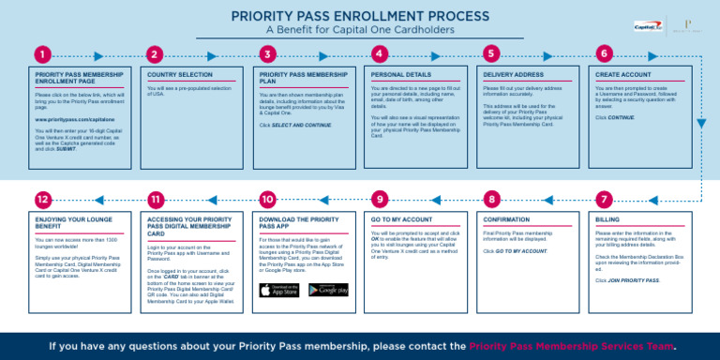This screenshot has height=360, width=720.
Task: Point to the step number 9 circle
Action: (379, 200)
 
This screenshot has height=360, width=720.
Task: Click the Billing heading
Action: (608, 219)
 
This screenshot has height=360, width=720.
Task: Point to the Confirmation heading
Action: (507, 219)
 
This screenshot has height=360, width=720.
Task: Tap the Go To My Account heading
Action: (401, 219)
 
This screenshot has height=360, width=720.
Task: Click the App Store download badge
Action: (279, 290)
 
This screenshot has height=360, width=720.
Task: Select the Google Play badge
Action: (328, 290)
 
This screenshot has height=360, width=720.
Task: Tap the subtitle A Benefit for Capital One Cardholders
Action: (360, 29)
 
